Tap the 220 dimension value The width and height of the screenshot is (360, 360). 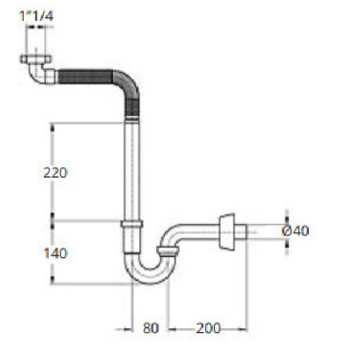(x=55, y=173)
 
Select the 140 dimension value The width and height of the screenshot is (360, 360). (x=55, y=253)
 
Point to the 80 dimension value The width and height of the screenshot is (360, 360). (x=150, y=328)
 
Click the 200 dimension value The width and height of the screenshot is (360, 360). (x=207, y=328)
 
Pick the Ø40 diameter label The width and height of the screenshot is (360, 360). (x=295, y=230)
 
